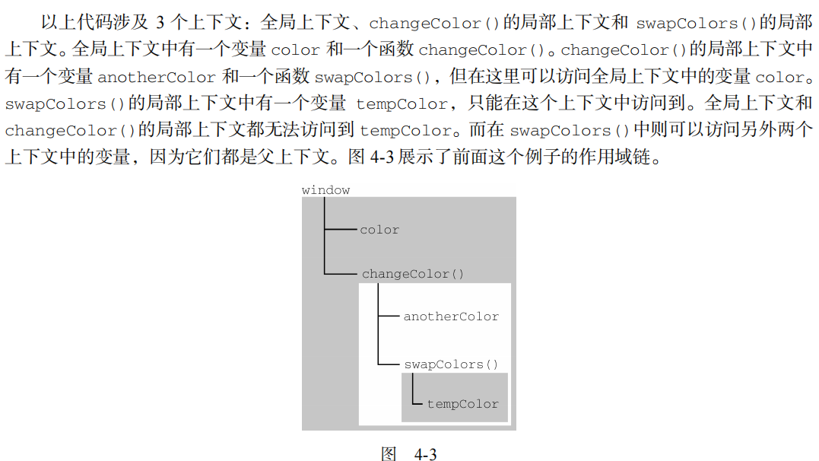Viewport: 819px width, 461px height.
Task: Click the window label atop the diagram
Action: tap(325, 190)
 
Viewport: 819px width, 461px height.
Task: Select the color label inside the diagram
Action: tap(379, 230)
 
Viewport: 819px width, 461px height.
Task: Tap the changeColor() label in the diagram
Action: tap(412, 274)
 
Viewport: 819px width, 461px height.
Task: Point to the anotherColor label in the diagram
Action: tap(451, 316)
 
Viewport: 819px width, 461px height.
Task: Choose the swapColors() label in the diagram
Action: tap(451, 364)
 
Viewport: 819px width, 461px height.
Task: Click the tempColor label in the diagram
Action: tap(462, 404)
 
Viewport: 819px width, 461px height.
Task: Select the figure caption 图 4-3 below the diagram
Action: tap(408, 454)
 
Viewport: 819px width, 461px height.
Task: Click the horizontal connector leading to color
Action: tap(341, 228)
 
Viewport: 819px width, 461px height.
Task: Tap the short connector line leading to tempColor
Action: tap(417, 403)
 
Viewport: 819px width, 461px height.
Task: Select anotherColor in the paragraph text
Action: tap(157, 77)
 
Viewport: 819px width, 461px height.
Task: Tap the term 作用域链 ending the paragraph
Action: tap(621, 157)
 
